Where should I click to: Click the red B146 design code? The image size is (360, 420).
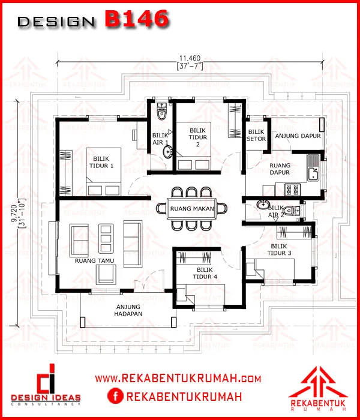click(137, 19)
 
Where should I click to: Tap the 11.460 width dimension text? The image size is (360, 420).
click(190, 58)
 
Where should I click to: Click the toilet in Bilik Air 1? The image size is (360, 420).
click(161, 111)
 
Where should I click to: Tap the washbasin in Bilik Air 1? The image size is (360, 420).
click(167, 152)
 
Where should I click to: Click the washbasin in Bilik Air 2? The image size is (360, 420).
click(263, 205)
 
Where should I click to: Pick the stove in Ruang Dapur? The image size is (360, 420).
click(292, 190)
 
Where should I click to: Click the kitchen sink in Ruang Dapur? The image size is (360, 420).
click(313, 168)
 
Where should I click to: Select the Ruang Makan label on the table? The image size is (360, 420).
click(192, 209)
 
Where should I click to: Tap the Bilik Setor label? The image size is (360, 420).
click(256, 135)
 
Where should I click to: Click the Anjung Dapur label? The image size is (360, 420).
click(298, 136)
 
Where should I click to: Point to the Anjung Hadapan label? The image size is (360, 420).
click(128, 310)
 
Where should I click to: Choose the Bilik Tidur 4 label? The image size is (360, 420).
click(205, 273)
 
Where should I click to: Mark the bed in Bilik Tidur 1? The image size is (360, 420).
click(103, 172)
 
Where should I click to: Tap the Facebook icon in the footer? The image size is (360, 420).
click(115, 397)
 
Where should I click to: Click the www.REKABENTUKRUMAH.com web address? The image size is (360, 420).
click(178, 379)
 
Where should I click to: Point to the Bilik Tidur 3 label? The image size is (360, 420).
click(279, 250)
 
